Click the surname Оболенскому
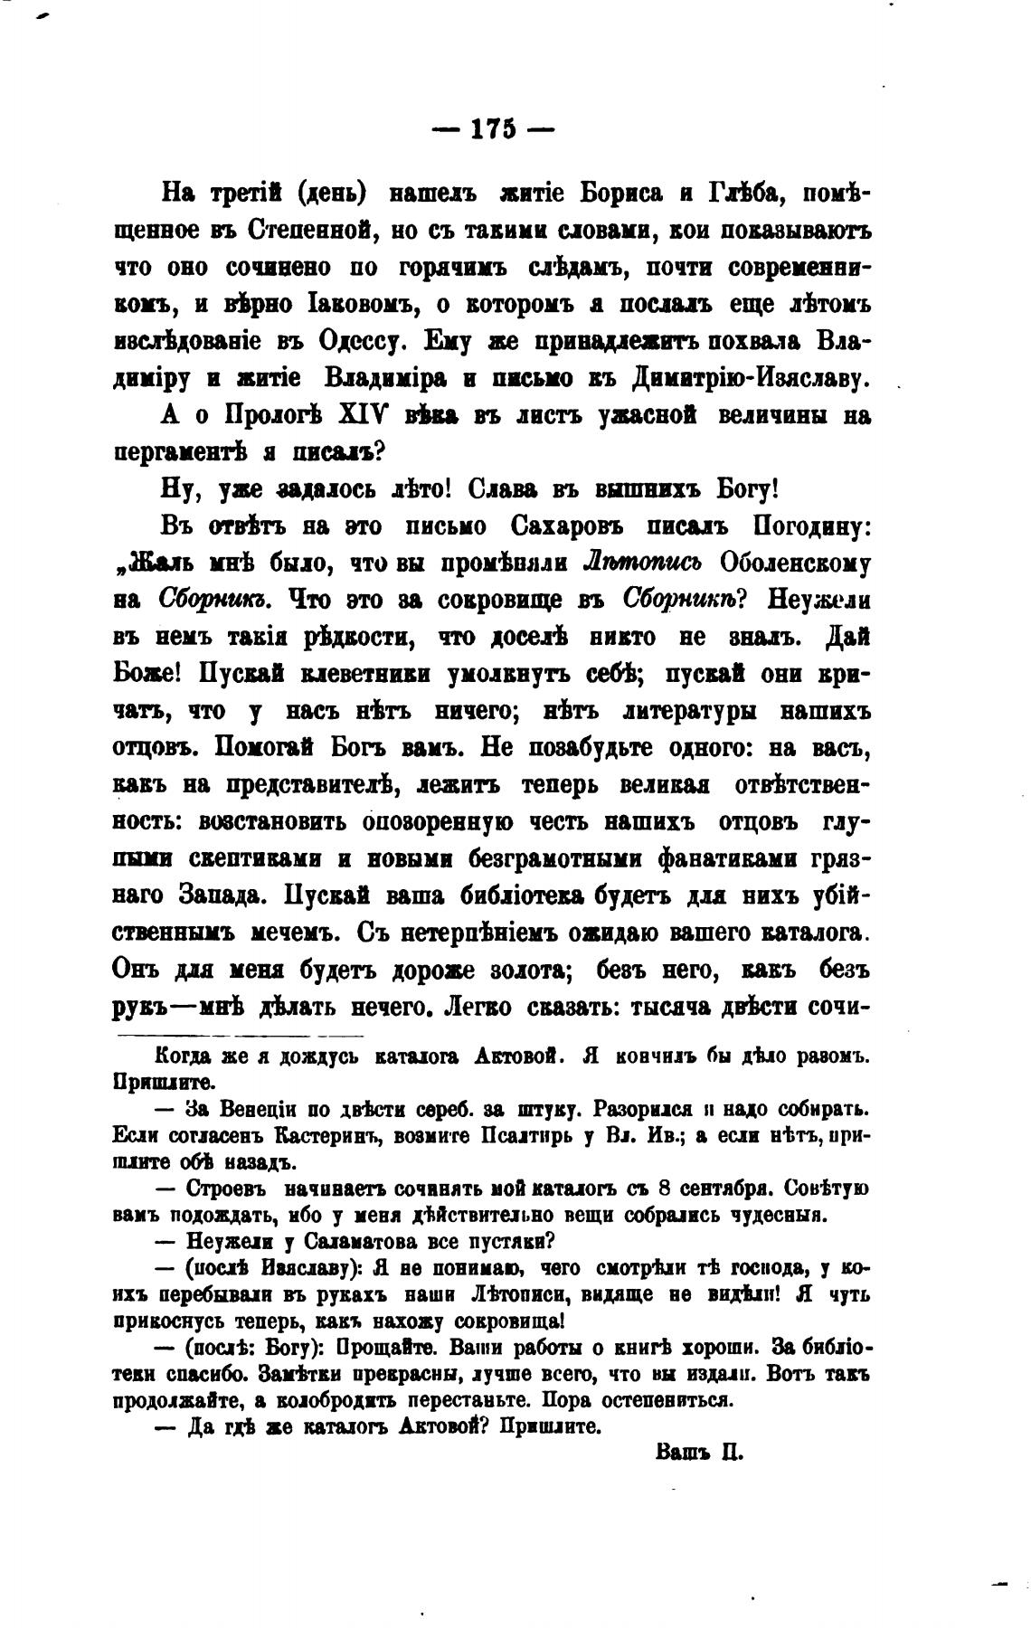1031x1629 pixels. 795,564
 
